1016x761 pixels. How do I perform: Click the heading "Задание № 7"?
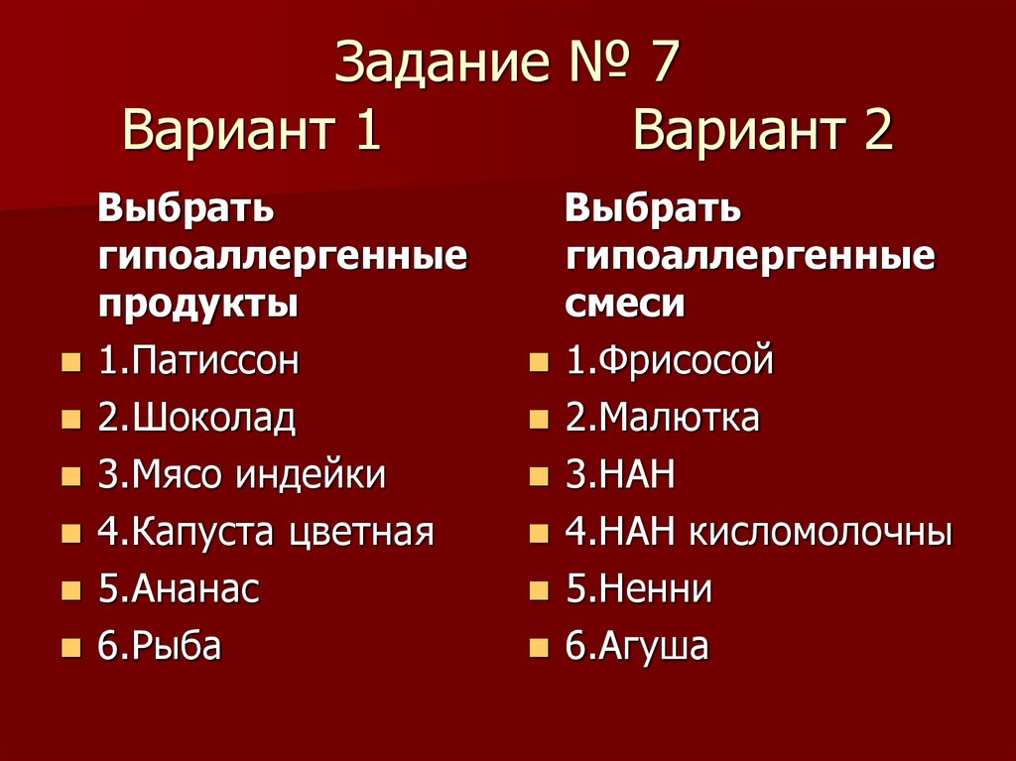507,65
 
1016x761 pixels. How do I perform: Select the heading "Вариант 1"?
252,131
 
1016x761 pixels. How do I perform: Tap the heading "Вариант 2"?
763,131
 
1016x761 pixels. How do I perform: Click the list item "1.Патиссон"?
197,361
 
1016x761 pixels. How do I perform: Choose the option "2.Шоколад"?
196,419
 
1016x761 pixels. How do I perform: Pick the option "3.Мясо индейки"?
241,475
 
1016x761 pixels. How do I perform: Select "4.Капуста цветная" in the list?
265,533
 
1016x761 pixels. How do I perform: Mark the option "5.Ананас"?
179,590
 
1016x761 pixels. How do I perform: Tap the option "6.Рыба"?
159,647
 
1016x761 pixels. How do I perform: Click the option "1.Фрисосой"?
669,361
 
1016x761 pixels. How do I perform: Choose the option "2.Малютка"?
663,419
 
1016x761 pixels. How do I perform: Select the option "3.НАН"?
620,475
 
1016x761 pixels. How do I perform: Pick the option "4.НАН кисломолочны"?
759,533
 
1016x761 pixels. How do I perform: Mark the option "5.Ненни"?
639,590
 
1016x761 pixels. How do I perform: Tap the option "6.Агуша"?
637,647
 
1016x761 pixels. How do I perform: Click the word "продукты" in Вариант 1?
197,304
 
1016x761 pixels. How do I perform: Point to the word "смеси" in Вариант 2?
625,304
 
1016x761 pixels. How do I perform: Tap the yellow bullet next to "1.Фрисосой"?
539,363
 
